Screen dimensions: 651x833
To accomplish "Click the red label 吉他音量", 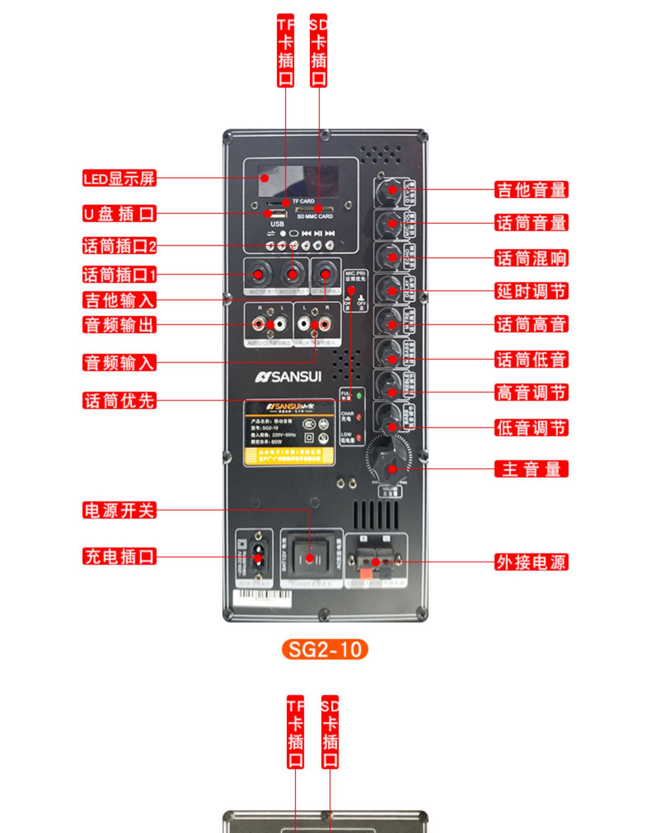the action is [531, 190].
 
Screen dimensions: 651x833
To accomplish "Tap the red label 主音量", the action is [531, 469].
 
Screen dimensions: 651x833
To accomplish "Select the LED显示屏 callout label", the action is [119, 178].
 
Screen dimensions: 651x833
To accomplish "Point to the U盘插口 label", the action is [119, 214].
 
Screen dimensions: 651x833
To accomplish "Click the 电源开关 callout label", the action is [119, 510].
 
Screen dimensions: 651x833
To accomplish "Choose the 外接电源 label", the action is [531, 562].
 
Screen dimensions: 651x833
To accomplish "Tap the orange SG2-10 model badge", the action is [324, 649].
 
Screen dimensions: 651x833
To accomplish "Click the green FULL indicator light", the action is [359, 396].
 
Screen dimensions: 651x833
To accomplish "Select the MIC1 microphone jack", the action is [258, 275].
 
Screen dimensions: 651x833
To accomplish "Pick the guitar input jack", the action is [325, 274].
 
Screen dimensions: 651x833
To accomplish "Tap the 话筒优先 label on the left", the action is [119, 400].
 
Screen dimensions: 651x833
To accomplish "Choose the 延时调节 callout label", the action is [531, 291].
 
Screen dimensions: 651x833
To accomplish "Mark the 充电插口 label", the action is [119, 556].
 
